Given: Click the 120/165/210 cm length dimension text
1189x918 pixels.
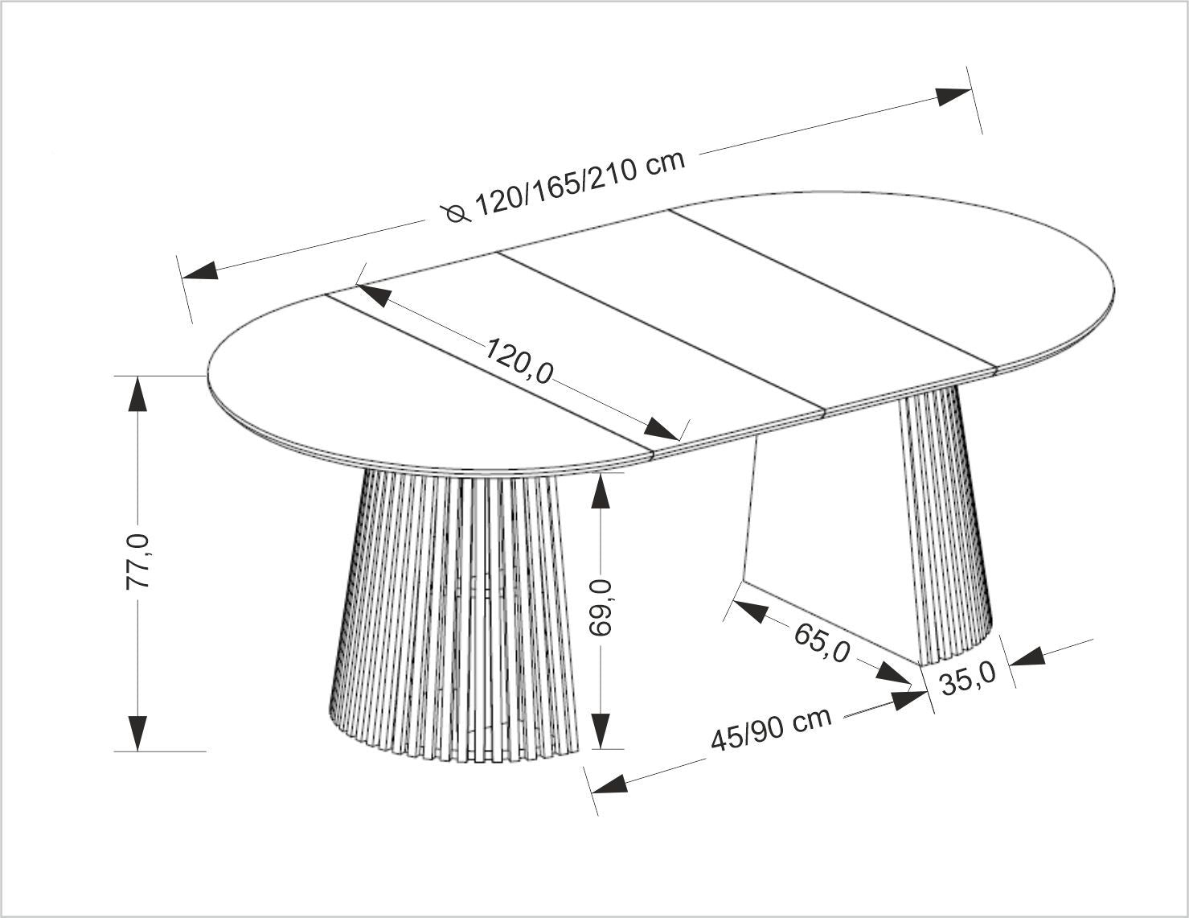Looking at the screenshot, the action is [580, 183].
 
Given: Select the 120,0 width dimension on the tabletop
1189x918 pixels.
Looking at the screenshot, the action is [519, 361].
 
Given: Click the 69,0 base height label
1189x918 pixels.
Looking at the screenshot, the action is [601, 608].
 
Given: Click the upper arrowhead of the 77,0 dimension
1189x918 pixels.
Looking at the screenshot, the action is [137, 394].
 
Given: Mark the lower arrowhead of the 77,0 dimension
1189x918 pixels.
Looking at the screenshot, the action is [137, 734].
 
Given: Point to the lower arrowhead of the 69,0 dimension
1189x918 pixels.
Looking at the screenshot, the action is [601, 731].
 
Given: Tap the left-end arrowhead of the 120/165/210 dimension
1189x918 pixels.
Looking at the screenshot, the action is [200, 271].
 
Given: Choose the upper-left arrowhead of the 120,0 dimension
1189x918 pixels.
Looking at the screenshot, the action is [375, 295].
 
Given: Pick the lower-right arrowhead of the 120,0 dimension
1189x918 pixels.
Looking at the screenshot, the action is [661, 428].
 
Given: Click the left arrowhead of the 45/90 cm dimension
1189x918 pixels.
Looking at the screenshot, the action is [609, 784].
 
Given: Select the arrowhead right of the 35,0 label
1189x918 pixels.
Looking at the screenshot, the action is [1027, 657].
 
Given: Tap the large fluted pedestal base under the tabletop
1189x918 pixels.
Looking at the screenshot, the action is [453, 614].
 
